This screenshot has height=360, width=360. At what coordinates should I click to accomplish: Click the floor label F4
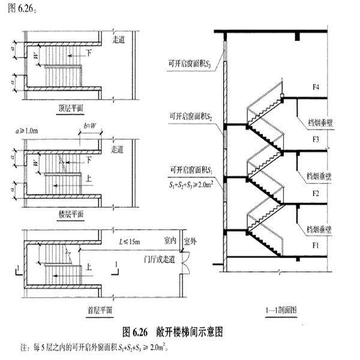316,88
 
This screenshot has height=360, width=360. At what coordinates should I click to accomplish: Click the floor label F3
316,140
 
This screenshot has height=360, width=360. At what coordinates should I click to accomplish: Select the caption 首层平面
98,311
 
